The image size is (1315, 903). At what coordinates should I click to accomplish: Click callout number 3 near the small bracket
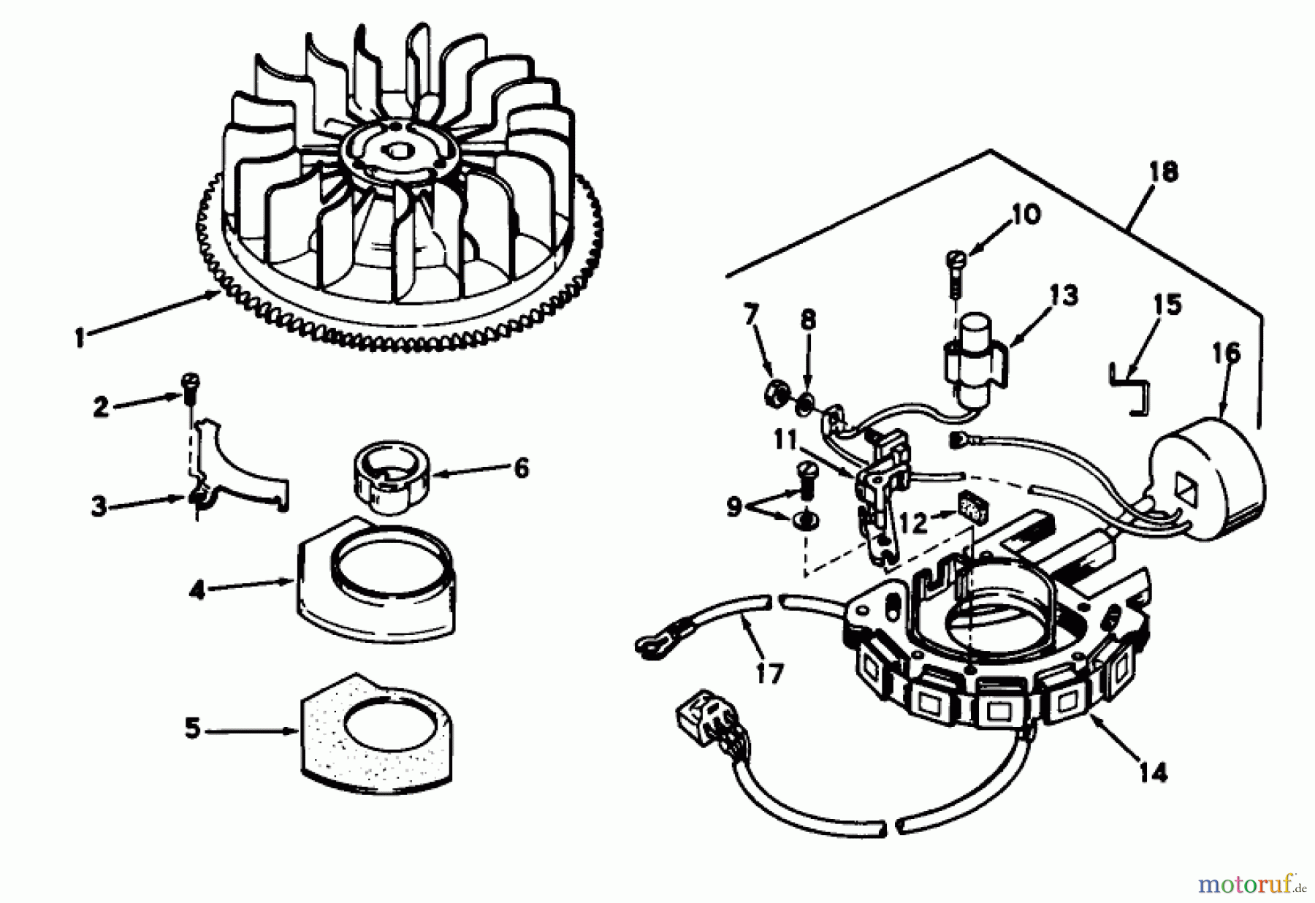[99, 506]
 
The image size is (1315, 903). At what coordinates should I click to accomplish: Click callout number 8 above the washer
[808, 321]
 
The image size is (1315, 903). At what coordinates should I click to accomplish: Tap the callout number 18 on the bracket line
[1162, 172]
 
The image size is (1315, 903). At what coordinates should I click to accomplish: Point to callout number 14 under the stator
[1152, 771]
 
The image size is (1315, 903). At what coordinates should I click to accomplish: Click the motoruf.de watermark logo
[1250, 886]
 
